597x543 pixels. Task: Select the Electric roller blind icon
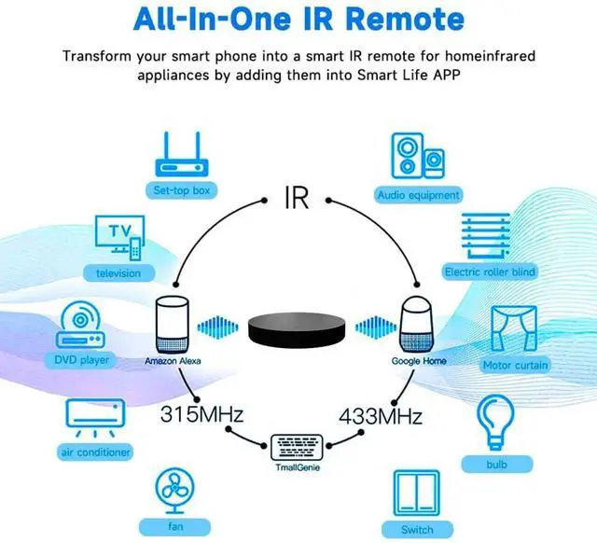point(489,237)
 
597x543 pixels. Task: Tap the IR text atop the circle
point(296,198)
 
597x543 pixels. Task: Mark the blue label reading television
point(118,273)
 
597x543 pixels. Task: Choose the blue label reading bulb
point(497,463)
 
